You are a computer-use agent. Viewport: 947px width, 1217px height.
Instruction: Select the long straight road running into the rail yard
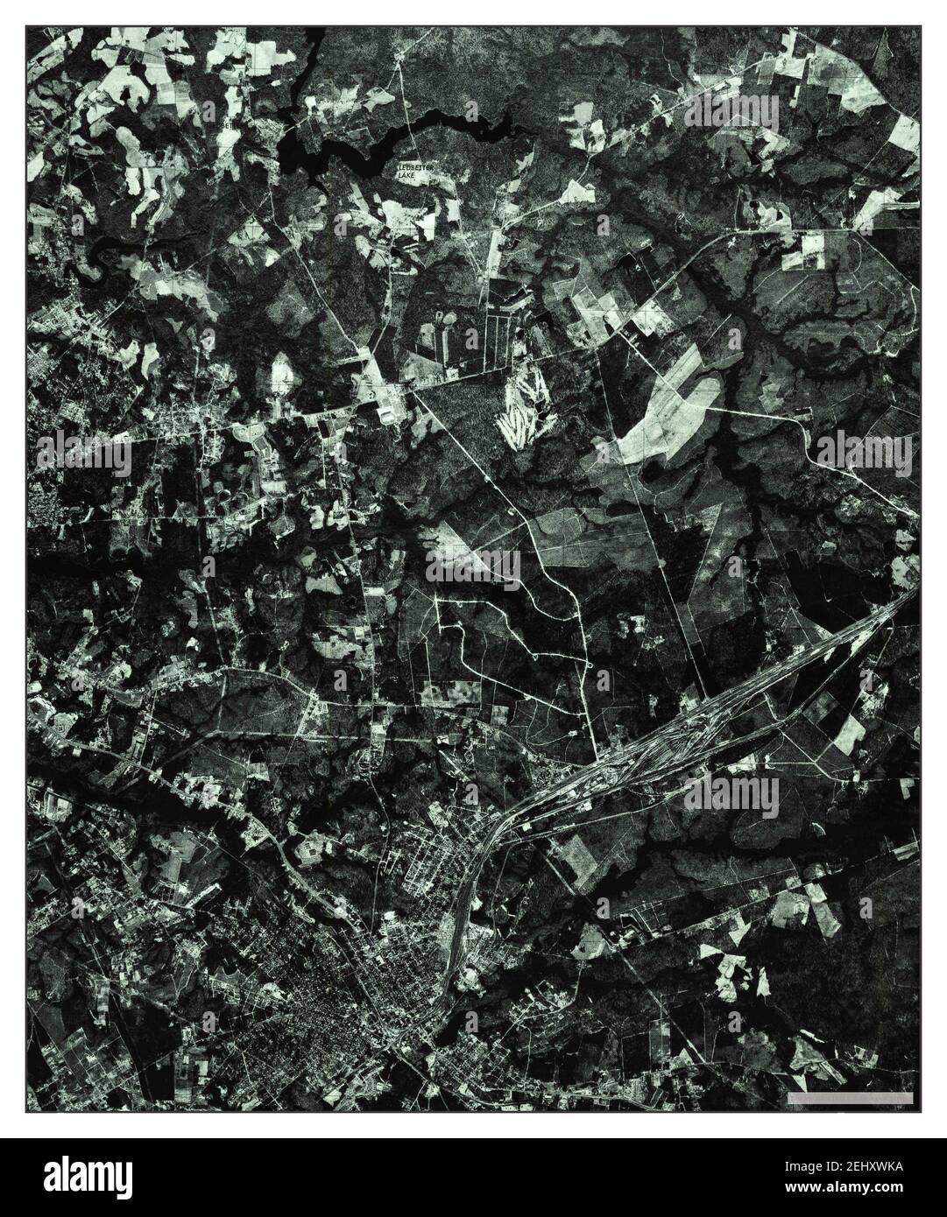(675, 604)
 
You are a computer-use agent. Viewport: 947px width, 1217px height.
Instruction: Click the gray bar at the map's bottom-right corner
(851, 1097)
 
